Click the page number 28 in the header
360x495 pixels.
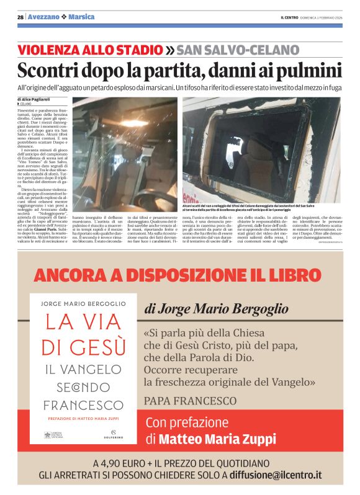coord(20,17)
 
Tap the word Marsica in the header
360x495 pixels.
coord(81,17)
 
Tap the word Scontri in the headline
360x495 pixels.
coord(48,70)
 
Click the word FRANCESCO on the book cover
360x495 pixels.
coord(85,405)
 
